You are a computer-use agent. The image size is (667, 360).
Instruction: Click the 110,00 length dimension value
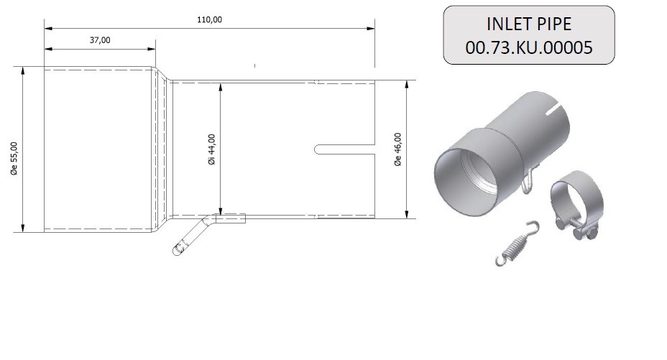pyautogui.click(x=209, y=19)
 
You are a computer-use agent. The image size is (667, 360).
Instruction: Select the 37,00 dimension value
pyautogui.click(x=100, y=40)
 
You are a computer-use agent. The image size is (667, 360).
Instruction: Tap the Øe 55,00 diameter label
pyautogui.click(x=14, y=159)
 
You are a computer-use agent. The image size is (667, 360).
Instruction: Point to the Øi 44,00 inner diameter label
pyautogui.click(x=211, y=149)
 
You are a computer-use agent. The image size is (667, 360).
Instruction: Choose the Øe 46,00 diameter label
pyautogui.click(x=397, y=149)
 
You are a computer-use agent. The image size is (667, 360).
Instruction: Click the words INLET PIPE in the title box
pyautogui.click(x=529, y=24)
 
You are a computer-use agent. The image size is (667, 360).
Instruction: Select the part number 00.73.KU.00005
pyautogui.click(x=529, y=47)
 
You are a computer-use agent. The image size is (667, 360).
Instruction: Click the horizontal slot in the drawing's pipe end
pyautogui.click(x=344, y=149)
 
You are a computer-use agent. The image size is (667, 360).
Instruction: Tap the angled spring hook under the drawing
pyautogui.click(x=193, y=236)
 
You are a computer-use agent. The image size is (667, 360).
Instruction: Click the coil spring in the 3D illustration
pyautogui.click(x=517, y=244)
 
